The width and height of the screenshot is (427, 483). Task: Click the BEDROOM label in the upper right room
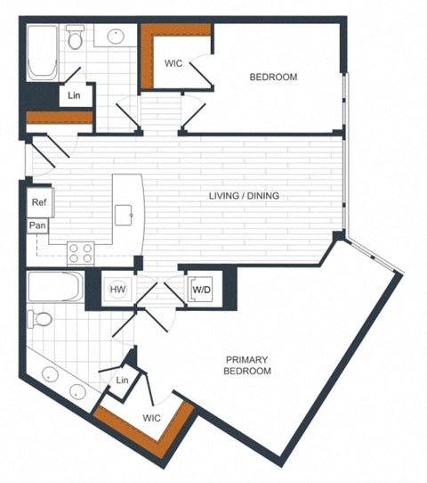(x=272, y=78)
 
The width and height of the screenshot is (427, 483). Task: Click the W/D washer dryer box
(x=201, y=288)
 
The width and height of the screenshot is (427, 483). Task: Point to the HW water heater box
(x=117, y=289)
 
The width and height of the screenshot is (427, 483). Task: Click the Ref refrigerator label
(x=38, y=202)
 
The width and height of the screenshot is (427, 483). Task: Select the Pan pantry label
(x=38, y=226)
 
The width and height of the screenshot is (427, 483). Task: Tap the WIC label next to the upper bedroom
(x=174, y=63)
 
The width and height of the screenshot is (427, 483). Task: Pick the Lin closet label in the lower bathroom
(x=123, y=381)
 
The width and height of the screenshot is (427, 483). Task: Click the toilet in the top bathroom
(x=76, y=38)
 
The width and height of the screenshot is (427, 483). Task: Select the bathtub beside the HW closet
(x=55, y=288)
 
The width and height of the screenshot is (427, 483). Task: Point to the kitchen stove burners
(x=80, y=252)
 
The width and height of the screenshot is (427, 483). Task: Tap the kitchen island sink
(x=125, y=214)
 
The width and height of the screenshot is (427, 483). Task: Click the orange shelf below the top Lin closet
(x=59, y=118)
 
